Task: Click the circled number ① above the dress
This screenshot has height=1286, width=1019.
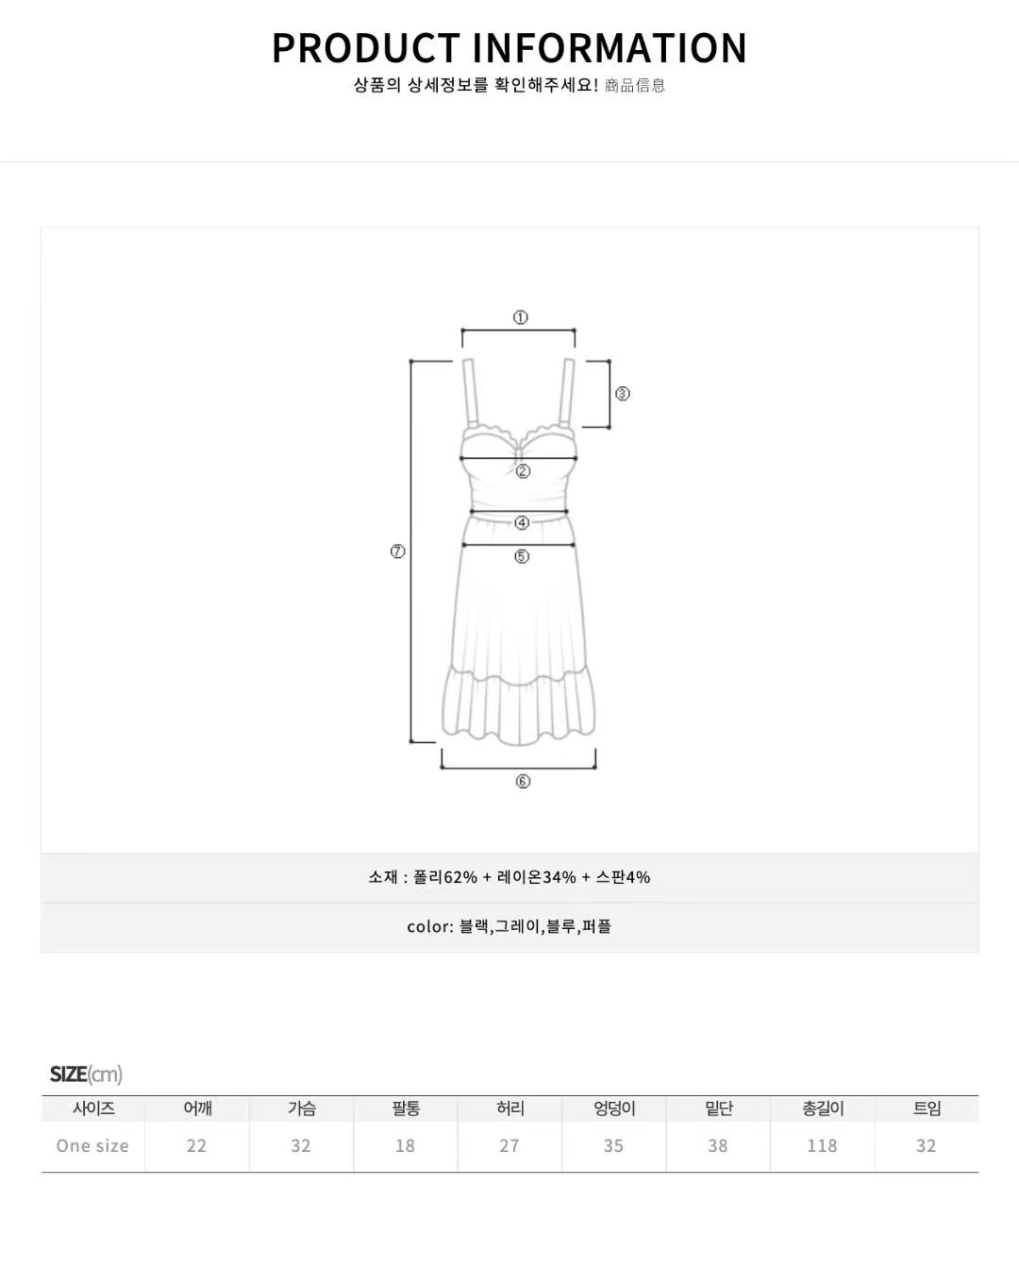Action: [520, 317]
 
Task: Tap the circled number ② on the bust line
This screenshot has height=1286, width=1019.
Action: [523, 471]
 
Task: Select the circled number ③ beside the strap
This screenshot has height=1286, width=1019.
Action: [623, 394]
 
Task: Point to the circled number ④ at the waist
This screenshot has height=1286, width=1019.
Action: [522, 523]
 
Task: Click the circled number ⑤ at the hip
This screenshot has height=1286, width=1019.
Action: [522, 556]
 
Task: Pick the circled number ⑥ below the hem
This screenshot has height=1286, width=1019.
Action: [523, 781]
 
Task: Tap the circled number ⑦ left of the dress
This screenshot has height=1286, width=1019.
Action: [398, 551]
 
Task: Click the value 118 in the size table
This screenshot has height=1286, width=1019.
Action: [822, 1145]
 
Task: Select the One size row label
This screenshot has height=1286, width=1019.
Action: [92, 1145]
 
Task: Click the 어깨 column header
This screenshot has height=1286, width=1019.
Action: [198, 1108]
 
